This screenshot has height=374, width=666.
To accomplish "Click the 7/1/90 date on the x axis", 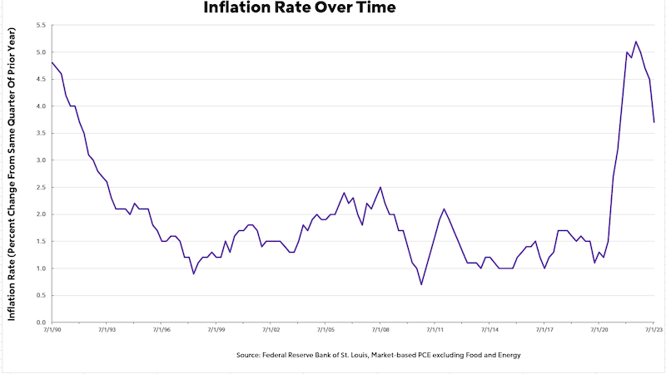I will [x=52, y=330].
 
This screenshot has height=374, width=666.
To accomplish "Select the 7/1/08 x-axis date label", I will [x=380, y=330].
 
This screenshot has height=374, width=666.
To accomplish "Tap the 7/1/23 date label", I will [x=654, y=330].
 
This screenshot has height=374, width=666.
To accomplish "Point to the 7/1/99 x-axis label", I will [x=216, y=330].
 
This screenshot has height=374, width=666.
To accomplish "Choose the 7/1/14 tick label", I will [x=490, y=330].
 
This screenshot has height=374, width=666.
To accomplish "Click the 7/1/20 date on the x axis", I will [x=599, y=330].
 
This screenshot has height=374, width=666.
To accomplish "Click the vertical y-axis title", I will [x=13, y=173].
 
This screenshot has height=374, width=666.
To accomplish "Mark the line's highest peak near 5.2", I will [x=636, y=42].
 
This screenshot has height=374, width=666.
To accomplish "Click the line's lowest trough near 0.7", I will [x=421, y=284].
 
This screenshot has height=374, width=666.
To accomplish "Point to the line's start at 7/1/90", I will [x=52, y=63].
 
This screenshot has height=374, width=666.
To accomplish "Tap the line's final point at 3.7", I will [x=654, y=122].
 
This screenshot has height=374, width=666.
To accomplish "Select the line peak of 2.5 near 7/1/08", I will [x=380, y=187].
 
